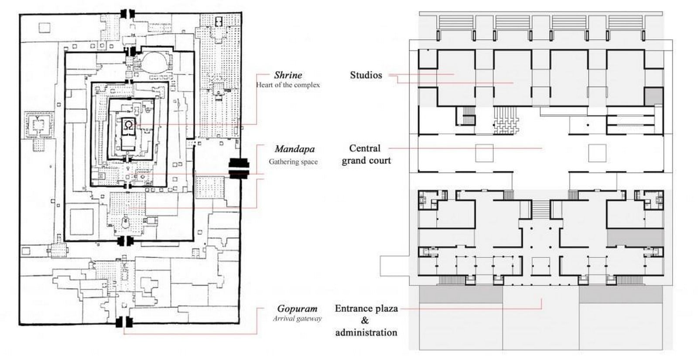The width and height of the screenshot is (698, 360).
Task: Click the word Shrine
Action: pos(288,75)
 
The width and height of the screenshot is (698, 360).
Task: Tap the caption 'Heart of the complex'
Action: pos(288,85)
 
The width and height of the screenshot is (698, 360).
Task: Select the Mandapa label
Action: pos(294,149)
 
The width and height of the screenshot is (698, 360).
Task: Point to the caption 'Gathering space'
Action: pos(293,162)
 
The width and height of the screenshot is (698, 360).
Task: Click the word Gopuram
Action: pos(297,309)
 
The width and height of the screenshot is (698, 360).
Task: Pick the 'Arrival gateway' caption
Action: pos(297,319)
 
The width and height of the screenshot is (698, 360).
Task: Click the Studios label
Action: pos(366,75)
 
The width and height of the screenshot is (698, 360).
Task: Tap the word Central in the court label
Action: pos(365,148)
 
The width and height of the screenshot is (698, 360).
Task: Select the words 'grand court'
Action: pos(366,161)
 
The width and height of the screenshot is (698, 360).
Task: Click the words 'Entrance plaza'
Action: pos(366,309)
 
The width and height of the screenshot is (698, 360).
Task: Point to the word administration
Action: pos(366,332)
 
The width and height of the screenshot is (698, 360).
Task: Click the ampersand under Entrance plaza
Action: pos(365,320)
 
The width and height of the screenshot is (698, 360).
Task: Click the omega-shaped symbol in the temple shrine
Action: pos(129,125)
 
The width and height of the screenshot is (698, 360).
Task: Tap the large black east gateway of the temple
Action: pos(239,168)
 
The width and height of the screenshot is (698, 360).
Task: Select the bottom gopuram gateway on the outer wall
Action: pos(124,322)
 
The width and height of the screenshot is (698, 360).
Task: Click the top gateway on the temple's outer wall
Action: pos(127,14)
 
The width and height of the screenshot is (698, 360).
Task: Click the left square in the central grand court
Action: pos(484,153)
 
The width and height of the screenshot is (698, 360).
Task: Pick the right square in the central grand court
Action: pos(597,153)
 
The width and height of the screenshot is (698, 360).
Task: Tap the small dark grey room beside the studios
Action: pos(654,96)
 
